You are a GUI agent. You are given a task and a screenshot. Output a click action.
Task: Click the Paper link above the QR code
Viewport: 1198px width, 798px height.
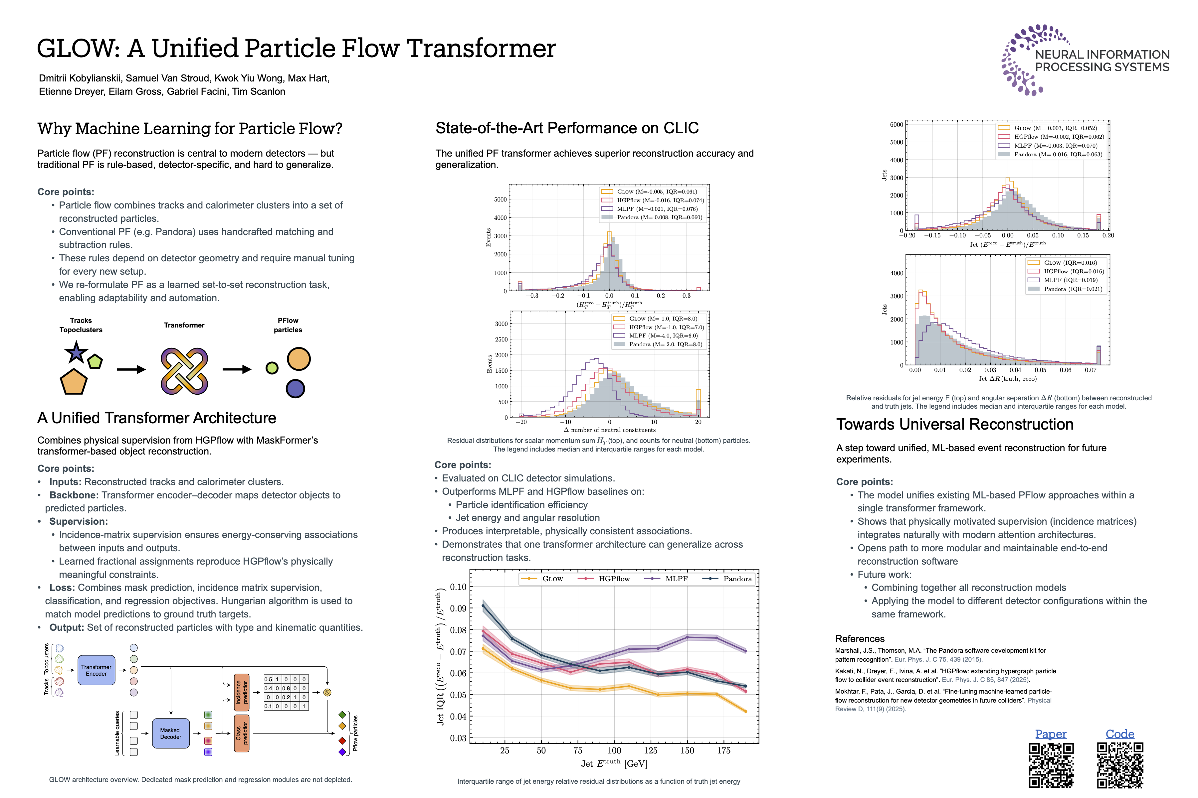1050,734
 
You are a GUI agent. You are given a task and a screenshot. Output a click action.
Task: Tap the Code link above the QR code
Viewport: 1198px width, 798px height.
1119,734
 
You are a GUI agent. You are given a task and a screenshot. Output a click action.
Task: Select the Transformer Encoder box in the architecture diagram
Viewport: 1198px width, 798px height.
96,670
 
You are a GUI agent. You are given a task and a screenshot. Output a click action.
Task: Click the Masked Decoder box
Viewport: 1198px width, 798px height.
171,733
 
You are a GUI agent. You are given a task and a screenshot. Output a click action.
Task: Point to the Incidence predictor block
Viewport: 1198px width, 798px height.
242,692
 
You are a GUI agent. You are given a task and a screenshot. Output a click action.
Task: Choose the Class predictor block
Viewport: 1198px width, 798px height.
242,733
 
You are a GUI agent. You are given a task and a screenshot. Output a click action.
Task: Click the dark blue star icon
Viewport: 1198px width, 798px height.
77,352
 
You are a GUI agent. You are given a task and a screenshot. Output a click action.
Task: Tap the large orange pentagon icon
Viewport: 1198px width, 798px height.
74,382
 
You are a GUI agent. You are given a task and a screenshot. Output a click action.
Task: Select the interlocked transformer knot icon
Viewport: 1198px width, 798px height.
184,370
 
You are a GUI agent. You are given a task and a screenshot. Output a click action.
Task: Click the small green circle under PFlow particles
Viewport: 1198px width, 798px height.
272,368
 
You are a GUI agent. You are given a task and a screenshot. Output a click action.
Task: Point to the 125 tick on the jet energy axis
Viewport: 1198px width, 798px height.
651,750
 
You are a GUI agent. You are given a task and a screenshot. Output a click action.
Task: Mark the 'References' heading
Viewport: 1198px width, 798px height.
860,639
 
